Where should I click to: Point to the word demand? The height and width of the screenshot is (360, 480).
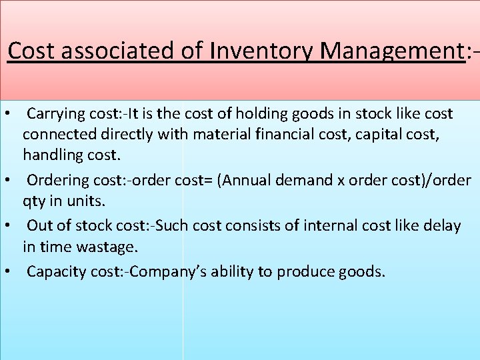[x=321, y=181]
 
